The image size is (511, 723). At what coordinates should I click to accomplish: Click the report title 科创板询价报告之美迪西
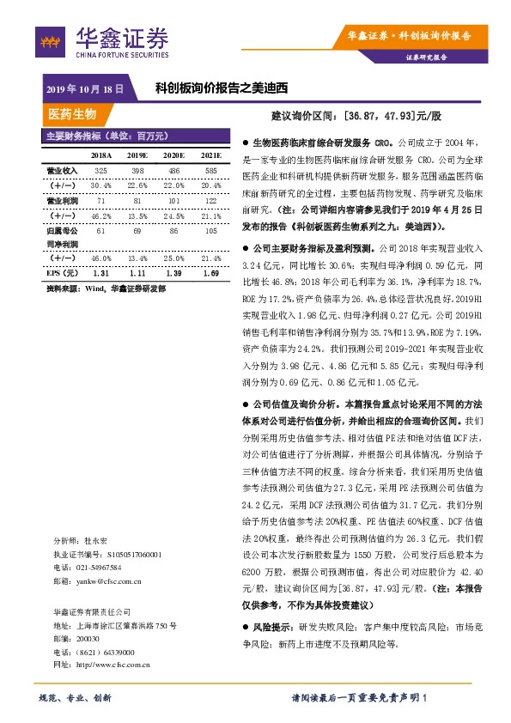click(220, 88)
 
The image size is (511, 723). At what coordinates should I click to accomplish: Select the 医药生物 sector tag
click(72, 114)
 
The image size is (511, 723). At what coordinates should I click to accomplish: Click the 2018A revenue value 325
click(101, 170)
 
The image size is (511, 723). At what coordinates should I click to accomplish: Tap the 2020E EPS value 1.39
click(174, 272)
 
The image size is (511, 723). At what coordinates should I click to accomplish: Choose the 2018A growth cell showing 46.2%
click(101, 216)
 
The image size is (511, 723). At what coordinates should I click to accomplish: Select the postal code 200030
click(88, 639)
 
